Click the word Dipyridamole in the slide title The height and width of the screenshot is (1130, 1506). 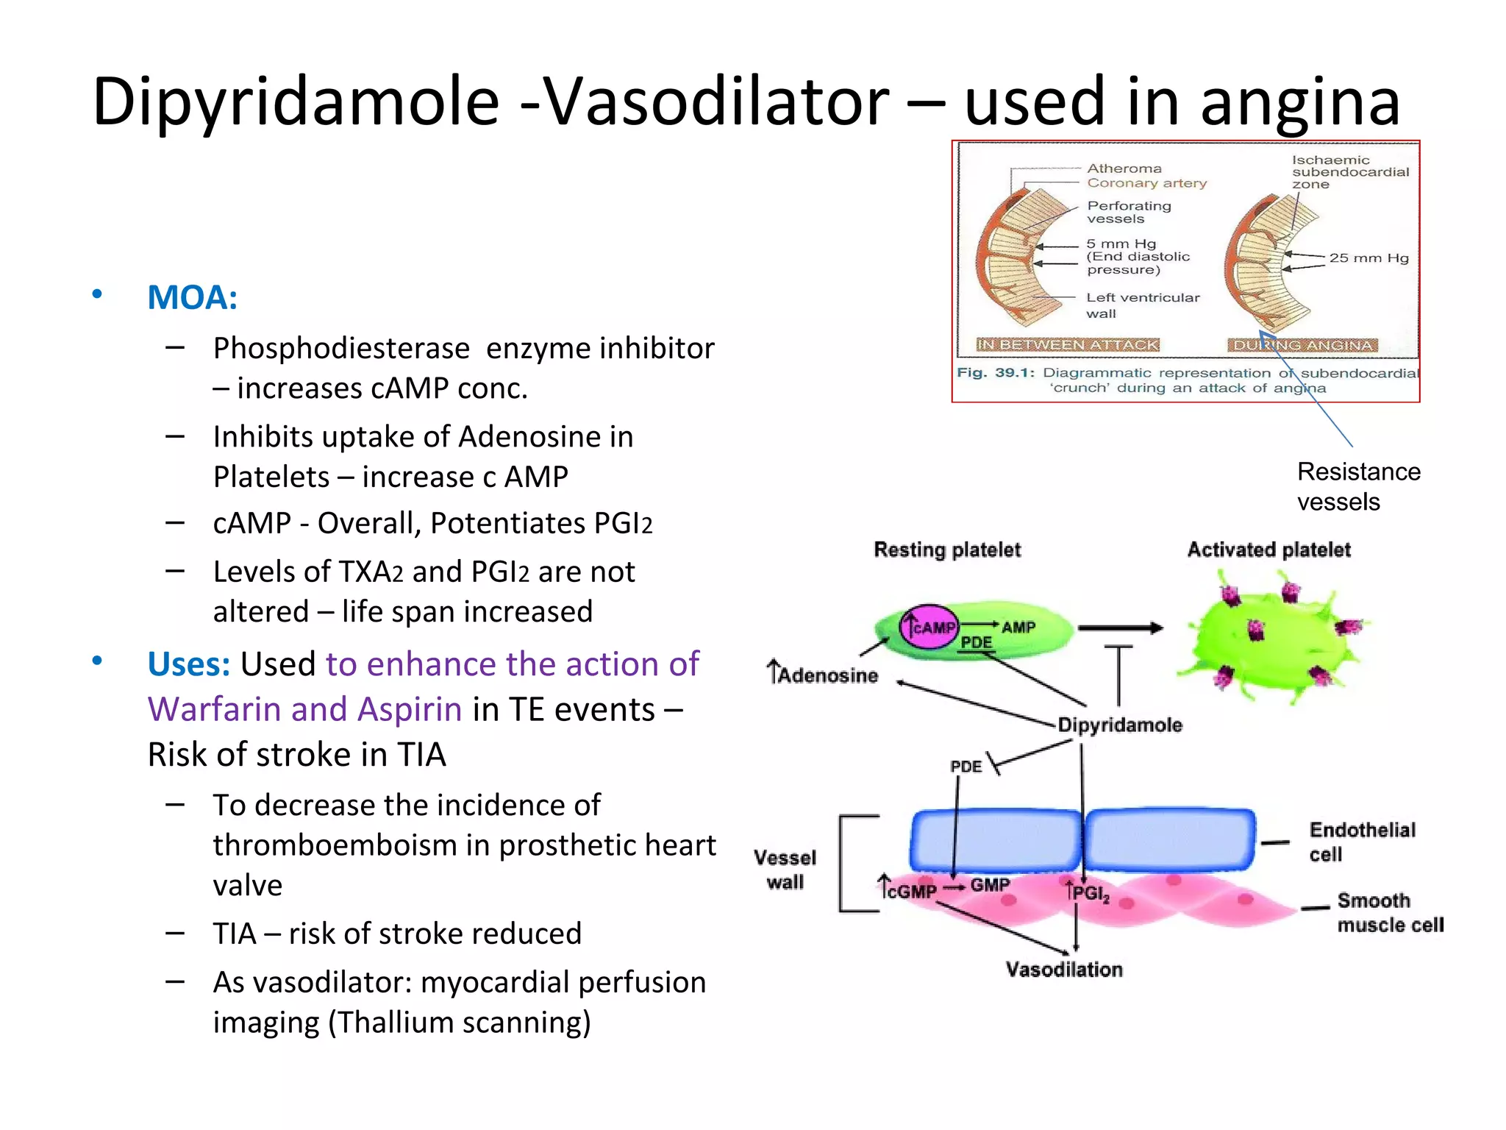296,103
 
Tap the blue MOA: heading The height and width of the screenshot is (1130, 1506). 192,298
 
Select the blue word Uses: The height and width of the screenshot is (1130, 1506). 189,664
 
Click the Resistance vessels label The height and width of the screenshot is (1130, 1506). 1357,486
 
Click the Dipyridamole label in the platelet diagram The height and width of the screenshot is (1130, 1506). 1119,725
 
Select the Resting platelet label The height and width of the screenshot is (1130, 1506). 947,550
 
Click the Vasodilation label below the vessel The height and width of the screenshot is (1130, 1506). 1064,969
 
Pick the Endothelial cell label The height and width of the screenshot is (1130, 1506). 1360,842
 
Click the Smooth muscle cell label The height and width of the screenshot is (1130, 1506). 1389,912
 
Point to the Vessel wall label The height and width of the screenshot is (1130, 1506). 785,870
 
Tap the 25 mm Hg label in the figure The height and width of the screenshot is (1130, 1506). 1368,258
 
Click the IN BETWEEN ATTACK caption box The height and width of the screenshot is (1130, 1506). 1067,345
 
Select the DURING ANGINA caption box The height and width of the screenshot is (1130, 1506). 1302,345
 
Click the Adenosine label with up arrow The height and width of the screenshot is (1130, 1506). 823,674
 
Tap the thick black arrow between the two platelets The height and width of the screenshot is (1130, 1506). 1120,628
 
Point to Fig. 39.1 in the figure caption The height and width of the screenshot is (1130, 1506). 995,372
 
